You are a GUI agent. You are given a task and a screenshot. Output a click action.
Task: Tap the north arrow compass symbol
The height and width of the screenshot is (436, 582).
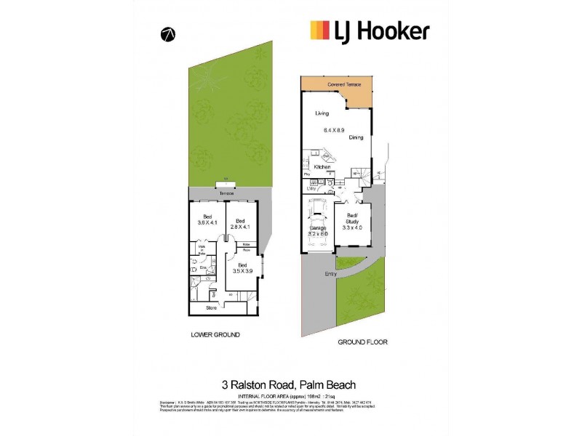[167, 34]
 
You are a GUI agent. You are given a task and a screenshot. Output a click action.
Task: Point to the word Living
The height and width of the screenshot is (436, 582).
[322, 114]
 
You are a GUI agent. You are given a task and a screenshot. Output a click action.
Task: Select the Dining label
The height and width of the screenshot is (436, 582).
[356, 137]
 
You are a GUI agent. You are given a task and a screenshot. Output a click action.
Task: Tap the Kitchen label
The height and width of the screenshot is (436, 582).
[322, 167]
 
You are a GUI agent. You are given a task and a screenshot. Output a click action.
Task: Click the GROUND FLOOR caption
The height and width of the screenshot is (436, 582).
[362, 342]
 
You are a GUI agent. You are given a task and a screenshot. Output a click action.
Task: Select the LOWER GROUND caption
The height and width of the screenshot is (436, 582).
[215, 335]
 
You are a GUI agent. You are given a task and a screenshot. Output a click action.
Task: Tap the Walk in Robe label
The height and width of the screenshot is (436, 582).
[203, 249]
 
